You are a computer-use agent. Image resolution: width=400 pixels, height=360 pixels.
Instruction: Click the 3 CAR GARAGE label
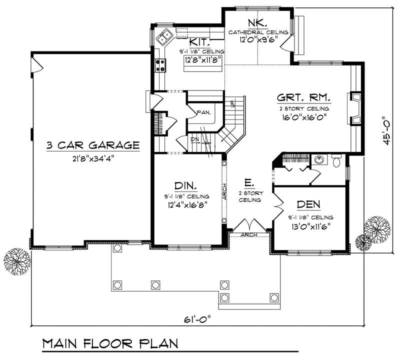tap(92, 145)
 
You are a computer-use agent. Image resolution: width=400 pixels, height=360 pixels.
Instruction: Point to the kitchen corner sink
tap(163, 37)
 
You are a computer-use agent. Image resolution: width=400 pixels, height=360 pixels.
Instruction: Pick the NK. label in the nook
tap(258, 22)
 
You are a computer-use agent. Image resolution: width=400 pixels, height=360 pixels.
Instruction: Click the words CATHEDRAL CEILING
tap(258, 32)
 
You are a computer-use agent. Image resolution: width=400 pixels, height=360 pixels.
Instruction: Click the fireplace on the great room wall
tap(354, 107)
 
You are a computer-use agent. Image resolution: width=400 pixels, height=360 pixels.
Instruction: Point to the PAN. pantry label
tap(203, 112)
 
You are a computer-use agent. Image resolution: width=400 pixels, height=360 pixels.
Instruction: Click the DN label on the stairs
tap(194, 139)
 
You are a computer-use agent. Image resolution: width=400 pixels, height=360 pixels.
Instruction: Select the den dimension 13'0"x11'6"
tap(308, 225)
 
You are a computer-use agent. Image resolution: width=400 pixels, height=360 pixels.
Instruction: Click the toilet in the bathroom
tap(336, 161)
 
